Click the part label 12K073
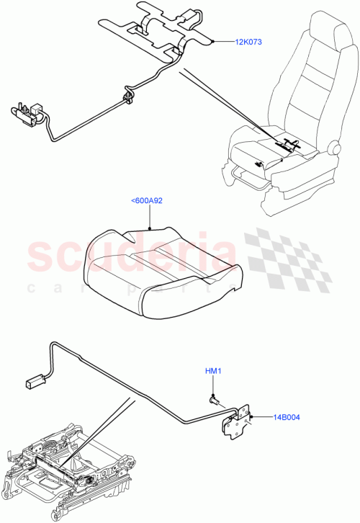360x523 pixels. [x=248, y=42]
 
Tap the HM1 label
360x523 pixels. [x=212, y=371]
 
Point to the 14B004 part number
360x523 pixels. [x=287, y=416]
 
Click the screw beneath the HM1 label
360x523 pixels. [x=213, y=397]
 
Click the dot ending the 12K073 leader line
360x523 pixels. [x=214, y=42]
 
